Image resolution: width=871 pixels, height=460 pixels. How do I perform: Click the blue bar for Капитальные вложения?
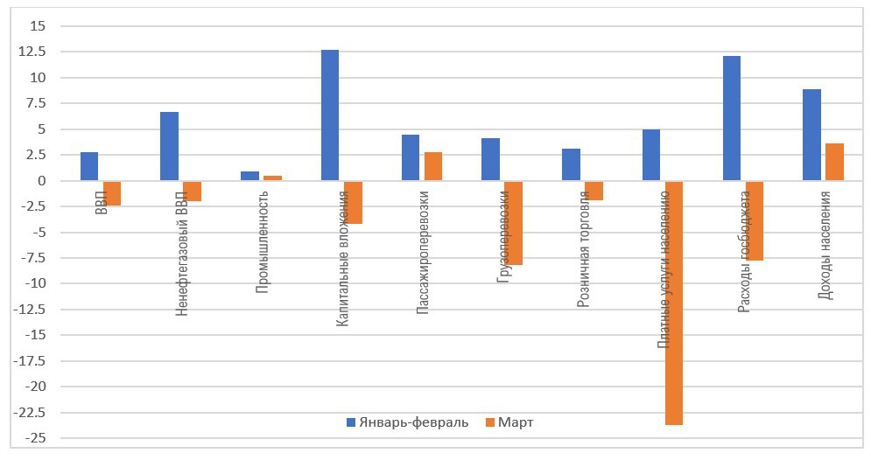[x=330, y=115]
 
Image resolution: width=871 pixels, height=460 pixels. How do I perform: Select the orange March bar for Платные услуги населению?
[x=674, y=303]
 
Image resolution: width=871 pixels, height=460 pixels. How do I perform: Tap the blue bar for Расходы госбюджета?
[x=732, y=119]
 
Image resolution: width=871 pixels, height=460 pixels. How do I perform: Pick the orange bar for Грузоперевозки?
[x=513, y=223]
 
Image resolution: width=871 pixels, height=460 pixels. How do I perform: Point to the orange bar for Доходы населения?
[x=834, y=162]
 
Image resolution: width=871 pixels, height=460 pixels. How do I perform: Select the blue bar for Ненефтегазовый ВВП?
[x=169, y=146]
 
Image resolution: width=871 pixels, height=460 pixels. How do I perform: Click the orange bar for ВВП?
[x=111, y=193]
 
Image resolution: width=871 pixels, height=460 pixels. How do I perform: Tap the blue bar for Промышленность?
[x=249, y=176]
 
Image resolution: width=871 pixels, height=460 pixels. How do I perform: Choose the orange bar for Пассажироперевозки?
[x=433, y=166]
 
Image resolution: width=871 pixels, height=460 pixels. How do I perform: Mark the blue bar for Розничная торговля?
[x=571, y=164]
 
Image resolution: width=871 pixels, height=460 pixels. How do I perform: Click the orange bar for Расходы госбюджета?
[x=755, y=221]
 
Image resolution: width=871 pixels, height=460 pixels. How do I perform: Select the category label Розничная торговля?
[x=583, y=251]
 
